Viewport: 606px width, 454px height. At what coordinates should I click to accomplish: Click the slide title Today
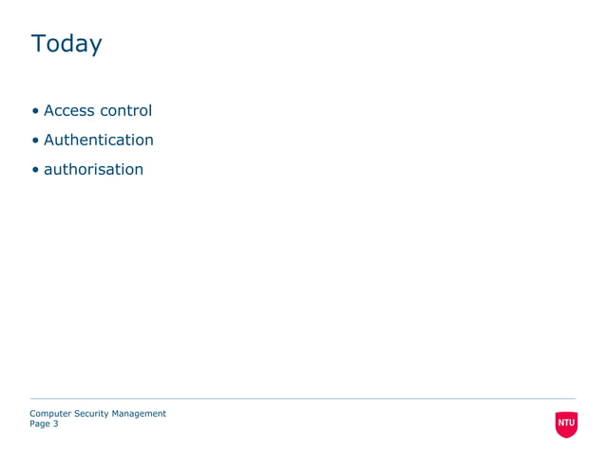pos(66,45)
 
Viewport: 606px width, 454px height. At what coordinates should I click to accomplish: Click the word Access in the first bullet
pos(68,110)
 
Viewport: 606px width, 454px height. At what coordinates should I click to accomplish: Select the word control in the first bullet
pos(125,110)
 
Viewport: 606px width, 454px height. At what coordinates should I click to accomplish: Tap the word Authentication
pos(98,140)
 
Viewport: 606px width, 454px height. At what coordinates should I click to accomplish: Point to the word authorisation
pos(93,169)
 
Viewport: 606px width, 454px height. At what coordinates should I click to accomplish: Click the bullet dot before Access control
pos(35,111)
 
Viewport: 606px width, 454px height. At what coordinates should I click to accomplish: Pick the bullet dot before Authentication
pos(35,141)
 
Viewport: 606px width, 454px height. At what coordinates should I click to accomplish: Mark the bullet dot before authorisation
pos(35,170)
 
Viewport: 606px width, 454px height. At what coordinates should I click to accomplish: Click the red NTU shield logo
pos(566,424)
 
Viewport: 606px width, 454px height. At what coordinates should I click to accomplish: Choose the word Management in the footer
pos(139,413)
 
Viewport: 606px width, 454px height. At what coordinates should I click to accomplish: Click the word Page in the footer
pos(39,424)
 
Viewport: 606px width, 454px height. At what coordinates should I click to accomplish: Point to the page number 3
pos(55,424)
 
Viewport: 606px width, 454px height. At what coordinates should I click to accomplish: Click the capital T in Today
pos(37,44)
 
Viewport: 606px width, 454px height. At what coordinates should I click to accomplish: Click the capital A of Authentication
pos(49,140)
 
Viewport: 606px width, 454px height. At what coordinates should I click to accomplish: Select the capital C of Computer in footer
pos(33,413)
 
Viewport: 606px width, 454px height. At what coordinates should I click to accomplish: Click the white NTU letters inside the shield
pos(566,422)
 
